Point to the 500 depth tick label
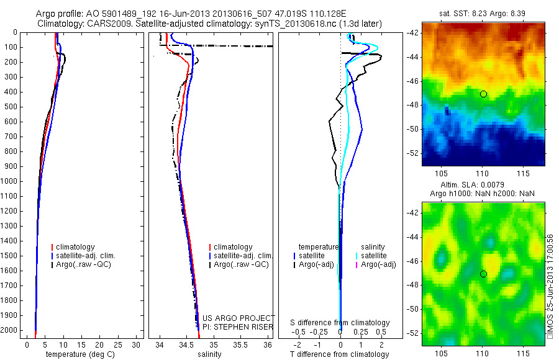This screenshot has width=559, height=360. [11, 107]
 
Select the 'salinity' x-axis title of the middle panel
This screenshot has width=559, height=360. [209, 354]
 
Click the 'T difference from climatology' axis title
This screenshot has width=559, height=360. [339, 354]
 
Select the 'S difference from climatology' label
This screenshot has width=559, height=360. [340, 323]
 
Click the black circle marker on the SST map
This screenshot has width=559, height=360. [483, 94]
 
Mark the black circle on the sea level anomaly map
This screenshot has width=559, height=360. [483, 274]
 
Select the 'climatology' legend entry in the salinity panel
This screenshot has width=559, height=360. [233, 247]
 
